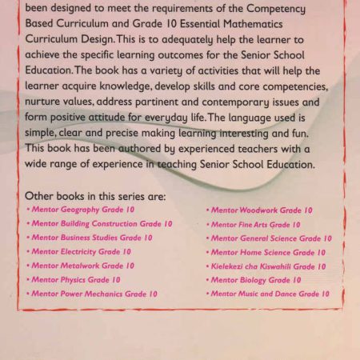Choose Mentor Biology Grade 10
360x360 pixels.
click(255, 280)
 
